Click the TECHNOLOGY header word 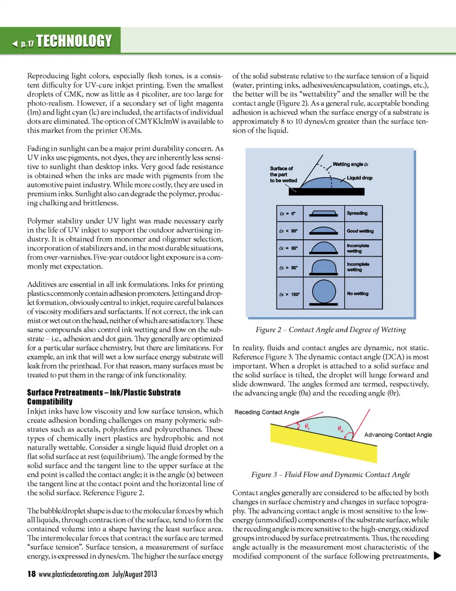pos(74,41)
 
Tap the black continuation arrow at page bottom pos(437,556)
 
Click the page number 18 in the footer pos(31,574)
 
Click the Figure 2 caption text pos(331,329)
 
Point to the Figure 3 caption pos(331,474)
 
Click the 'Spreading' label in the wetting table pos(357,213)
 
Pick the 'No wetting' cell pos(358,293)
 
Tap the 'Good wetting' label pos(360,231)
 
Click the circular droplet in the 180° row pos(324,291)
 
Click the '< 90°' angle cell pos(289,231)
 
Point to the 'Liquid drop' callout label pos(360,178)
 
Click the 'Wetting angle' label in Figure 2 pos(350,164)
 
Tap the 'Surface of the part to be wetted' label pos(283,174)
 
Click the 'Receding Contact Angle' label pos(267,412)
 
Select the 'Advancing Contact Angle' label pos(398,434)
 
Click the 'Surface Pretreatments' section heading pos(104,397)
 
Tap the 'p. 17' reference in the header pos(27,44)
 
